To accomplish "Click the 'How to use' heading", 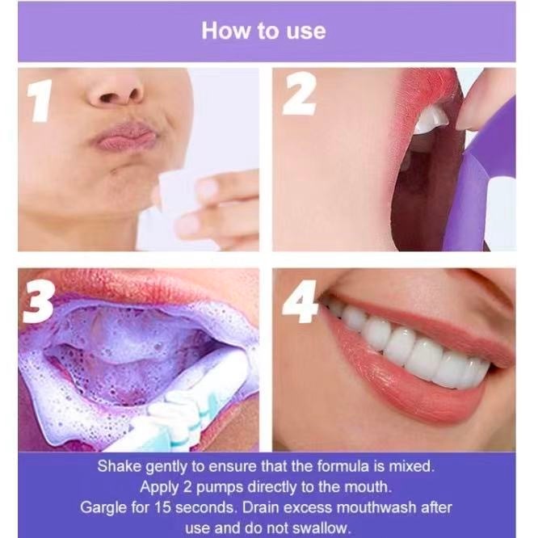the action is coord(263,31).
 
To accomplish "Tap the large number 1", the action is coord(40,100).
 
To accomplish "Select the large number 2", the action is coord(299,94).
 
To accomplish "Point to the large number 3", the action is coord(38,303).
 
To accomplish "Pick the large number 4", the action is coord(299,302).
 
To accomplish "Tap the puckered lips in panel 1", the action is coord(123,137).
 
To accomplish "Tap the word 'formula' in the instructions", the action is coord(343,466).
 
